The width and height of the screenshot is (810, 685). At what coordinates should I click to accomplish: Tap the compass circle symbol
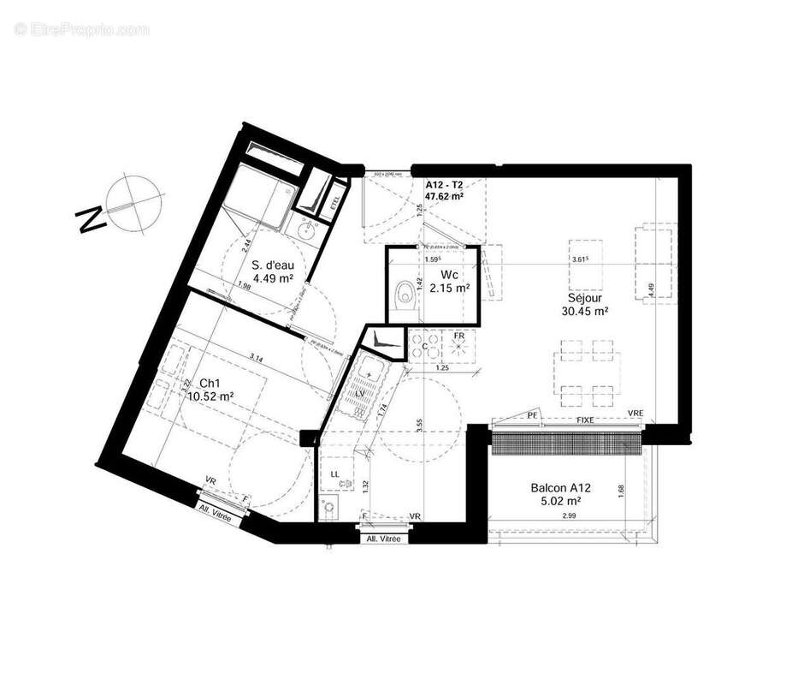click(x=129, y=199)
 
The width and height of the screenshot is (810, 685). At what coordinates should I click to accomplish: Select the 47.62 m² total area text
click(x=445, y=196)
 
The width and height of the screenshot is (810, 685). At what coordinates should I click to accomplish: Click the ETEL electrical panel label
click(x=334, y=200)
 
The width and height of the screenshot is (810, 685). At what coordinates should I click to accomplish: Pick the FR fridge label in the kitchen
click(x=459, y=336)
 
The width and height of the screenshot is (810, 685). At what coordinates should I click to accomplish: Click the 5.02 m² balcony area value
click(x=563, y=501)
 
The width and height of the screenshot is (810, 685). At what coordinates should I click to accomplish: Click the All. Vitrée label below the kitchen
click(x=383, y=539)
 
